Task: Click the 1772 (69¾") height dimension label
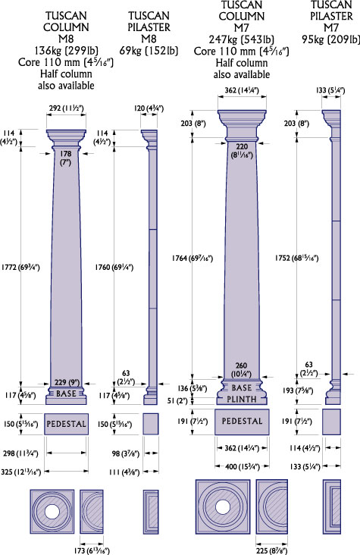click(20, 267)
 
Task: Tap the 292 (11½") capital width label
click(66, 108)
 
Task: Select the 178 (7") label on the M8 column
click(66, 158)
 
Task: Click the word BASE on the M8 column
click(66, 394)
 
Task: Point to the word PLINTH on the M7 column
click(242, 399)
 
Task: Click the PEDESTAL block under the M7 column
click(242, 422)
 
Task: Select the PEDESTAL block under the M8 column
click(66, 424)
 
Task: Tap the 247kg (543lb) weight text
click(242, 39)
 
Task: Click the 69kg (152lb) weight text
click(149, 50)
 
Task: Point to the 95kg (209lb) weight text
click(330, 39)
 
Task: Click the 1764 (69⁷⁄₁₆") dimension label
click(193, 258)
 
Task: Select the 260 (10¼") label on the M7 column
click(242, 369)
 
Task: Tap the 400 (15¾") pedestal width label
click(243, 466)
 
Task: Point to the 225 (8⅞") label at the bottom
click(272, 550)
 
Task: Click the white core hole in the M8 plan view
click(52, 512)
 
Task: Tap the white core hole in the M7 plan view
click(222, 507)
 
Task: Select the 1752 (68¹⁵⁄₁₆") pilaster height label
click(296, 258)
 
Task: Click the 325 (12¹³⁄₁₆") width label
click(21, 472)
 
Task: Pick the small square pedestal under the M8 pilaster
click(151, 424)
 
